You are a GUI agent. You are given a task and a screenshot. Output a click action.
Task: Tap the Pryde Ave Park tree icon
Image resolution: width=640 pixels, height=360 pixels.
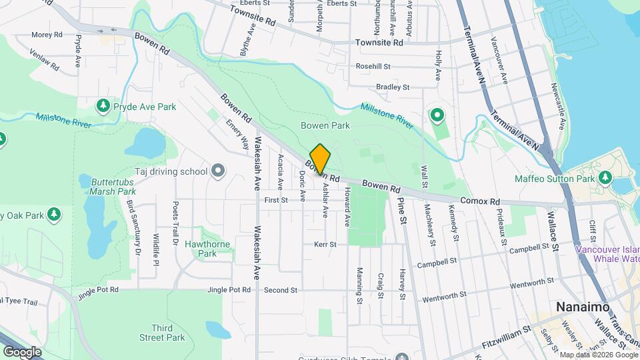pos(103,106)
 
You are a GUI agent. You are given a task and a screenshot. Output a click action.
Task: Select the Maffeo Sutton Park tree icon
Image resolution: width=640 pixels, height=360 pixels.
pos(605,178)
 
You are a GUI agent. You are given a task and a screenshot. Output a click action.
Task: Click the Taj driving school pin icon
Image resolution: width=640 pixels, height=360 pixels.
pos(217,171)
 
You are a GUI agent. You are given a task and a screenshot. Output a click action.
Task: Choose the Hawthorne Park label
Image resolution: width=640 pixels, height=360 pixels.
pos(207,249)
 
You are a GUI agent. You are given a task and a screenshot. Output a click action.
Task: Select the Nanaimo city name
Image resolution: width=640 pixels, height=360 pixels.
pos(580,307)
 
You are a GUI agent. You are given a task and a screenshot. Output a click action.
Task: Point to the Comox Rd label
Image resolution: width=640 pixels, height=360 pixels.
pos(480,201)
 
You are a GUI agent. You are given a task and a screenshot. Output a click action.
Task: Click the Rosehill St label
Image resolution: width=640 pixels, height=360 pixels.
pos(373,67)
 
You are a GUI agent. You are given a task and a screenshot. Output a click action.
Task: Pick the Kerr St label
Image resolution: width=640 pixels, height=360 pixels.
pos(325,245)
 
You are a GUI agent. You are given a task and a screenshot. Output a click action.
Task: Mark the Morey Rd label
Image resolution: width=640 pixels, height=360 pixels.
pos(47,34)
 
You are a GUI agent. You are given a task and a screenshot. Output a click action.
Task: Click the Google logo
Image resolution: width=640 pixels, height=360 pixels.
pos(22,351)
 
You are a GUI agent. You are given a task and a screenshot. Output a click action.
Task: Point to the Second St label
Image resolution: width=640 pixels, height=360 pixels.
pos(280,290)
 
